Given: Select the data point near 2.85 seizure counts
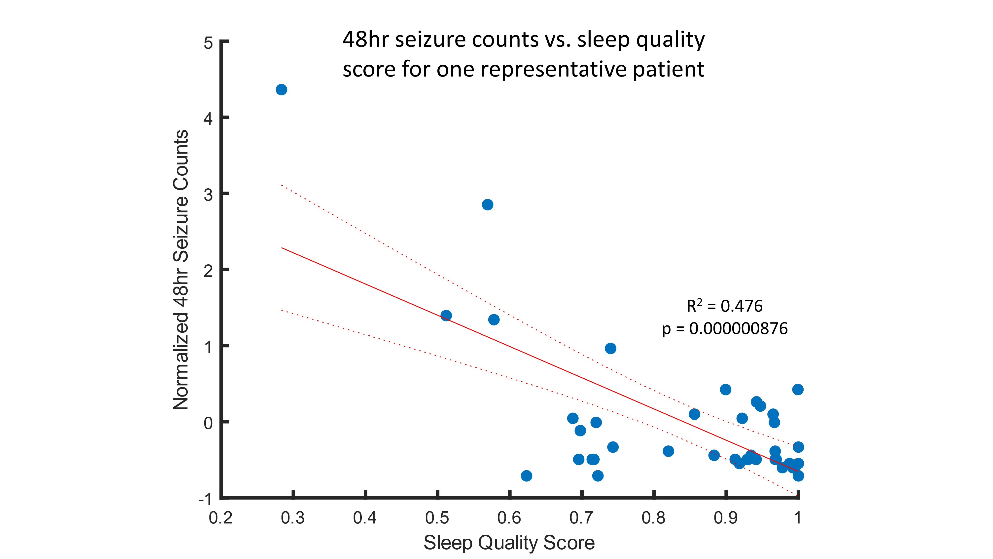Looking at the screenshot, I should point(487,204).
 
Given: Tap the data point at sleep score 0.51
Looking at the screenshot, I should point(446,316).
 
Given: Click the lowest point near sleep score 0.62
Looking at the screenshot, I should point(527,476).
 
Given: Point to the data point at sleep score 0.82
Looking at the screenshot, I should point(669,451).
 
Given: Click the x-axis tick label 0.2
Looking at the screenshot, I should point(220,518).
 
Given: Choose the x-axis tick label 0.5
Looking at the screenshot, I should point(437,518).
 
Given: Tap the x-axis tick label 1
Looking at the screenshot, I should point(798,518).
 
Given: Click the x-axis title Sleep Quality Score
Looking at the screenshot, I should point(509,543).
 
